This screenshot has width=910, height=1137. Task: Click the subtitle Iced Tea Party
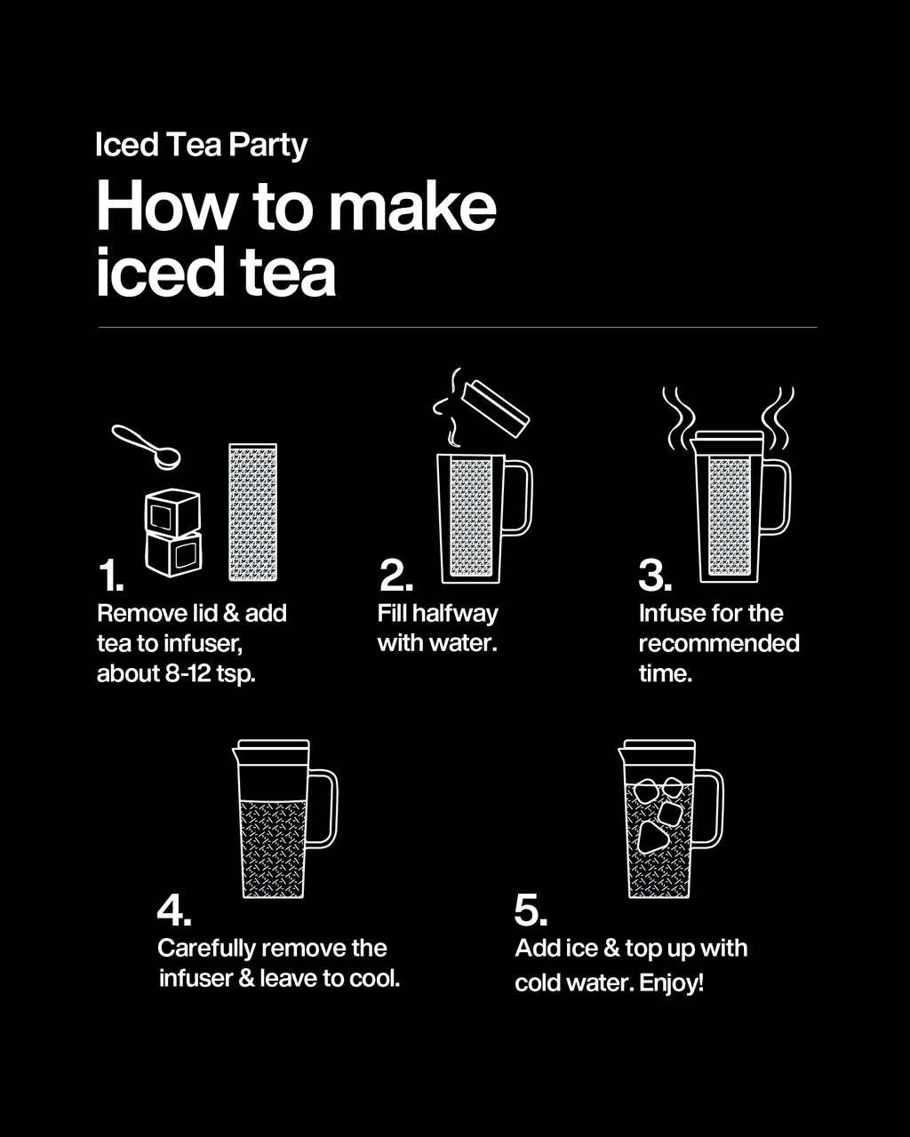(201, 145)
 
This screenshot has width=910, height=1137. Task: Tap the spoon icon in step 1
(147, 446)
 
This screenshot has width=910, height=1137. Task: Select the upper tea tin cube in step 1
(173, 512)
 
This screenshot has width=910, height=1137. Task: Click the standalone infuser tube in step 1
(252, 513)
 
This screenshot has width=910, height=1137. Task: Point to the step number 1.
(110, 576)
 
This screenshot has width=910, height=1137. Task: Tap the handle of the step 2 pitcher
(518, 497)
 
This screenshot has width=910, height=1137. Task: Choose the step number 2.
(395, 576)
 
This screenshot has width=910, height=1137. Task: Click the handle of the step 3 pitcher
(776, 497)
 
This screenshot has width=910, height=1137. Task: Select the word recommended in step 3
(719, 643)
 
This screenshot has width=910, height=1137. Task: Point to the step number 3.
(655, 576)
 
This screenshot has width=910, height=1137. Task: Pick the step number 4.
(175, 910)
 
